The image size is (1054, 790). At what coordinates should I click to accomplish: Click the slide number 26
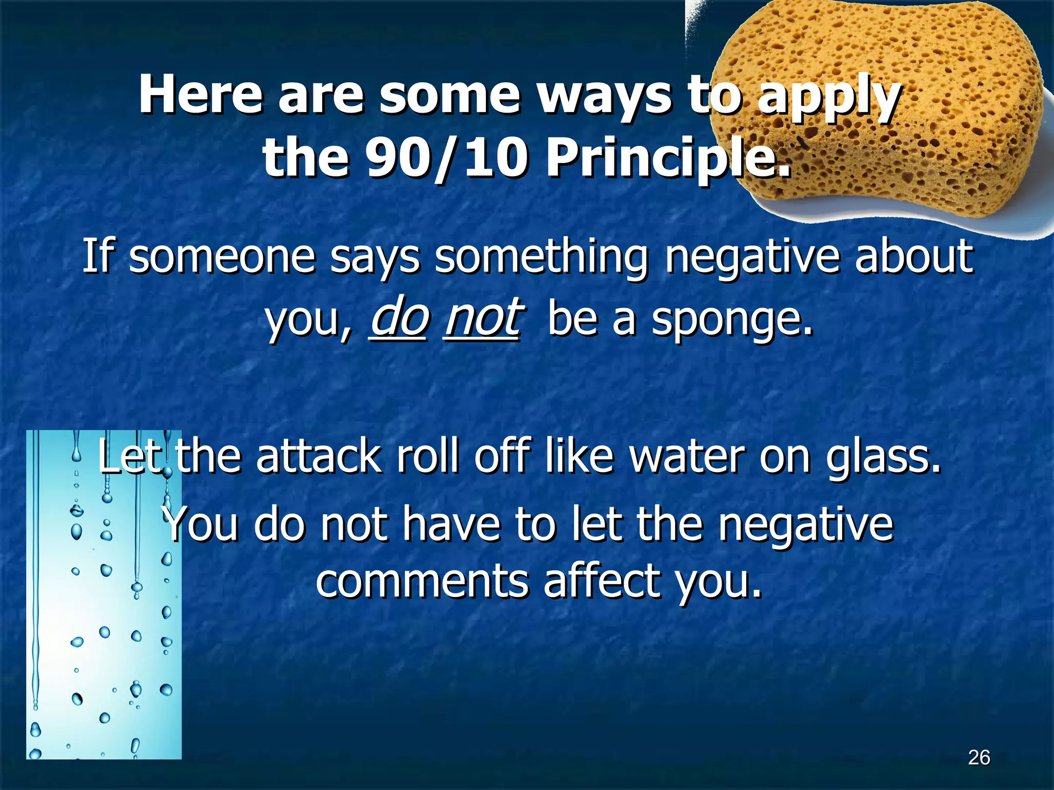point(979,758)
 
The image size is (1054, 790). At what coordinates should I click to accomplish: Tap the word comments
point(422,581)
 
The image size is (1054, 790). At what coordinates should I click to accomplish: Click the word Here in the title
point(201,95)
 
